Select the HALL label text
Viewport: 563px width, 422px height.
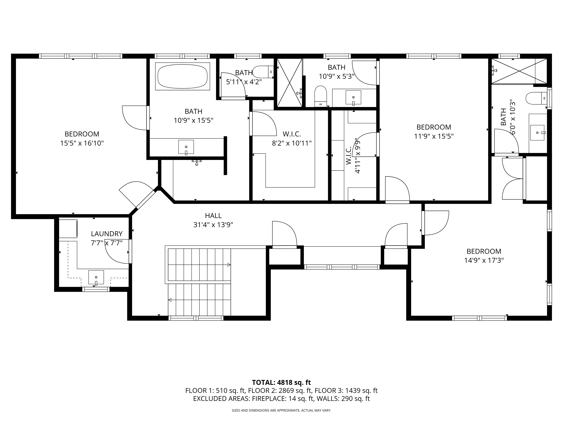[213, 216]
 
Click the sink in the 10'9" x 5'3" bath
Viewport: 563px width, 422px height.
[353, 97]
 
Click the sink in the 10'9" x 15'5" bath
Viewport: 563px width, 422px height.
[186, 147]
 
